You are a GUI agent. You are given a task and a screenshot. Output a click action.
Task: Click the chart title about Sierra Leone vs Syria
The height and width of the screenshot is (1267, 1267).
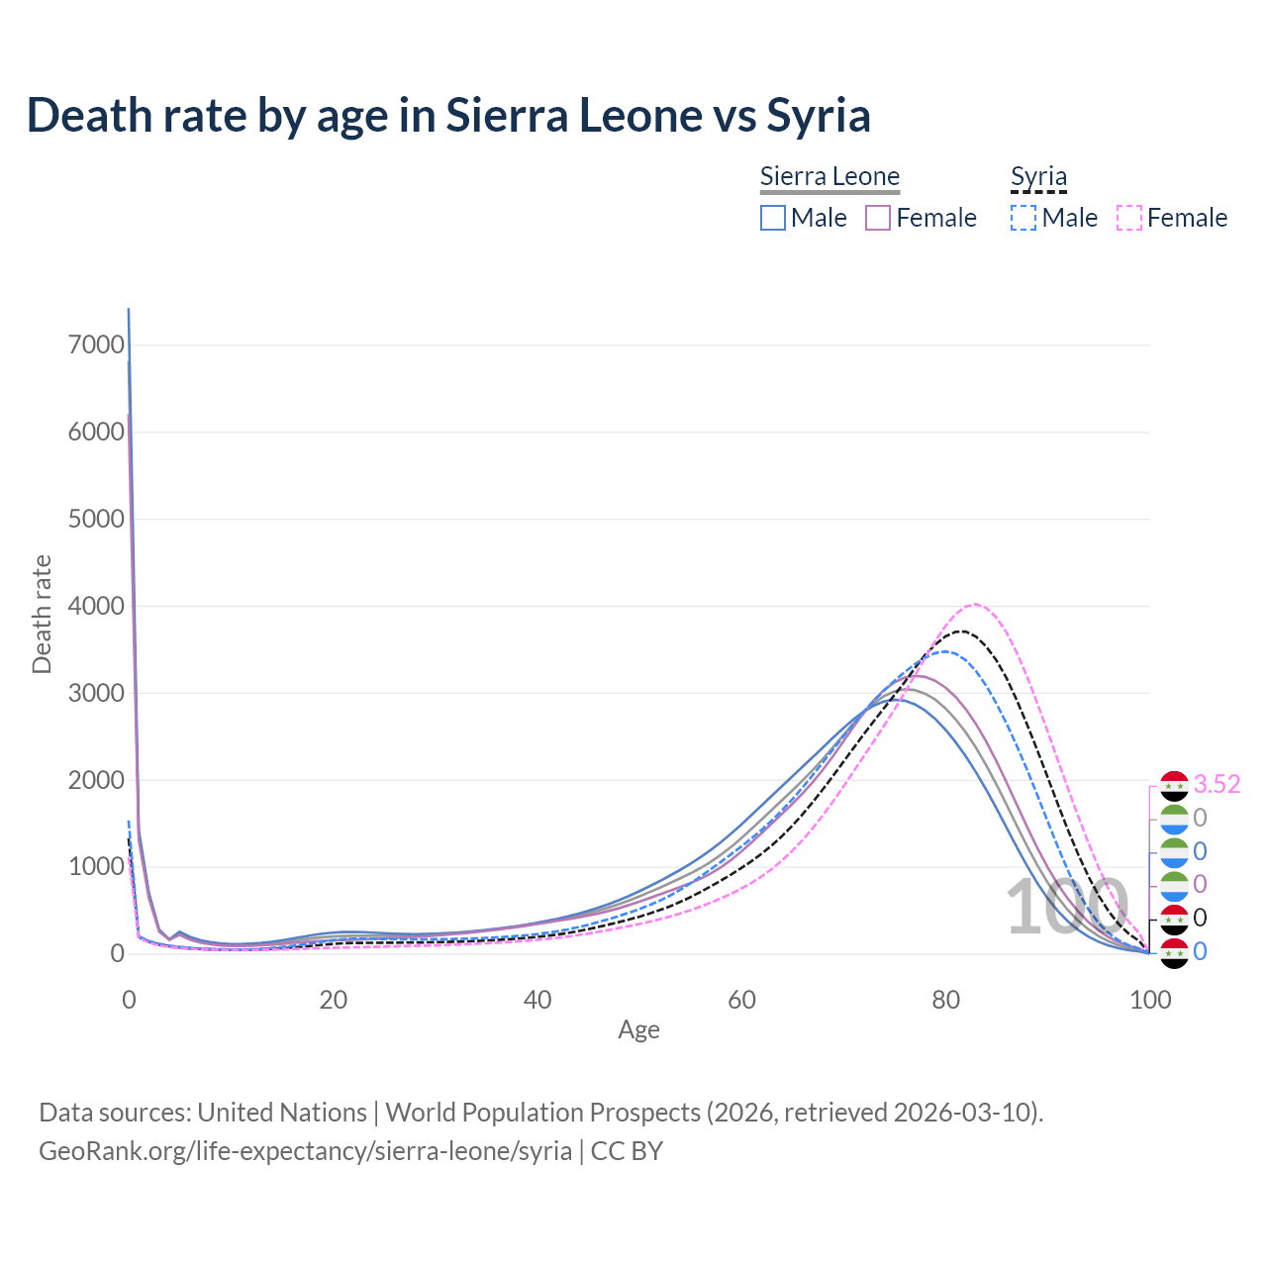pos(448,115)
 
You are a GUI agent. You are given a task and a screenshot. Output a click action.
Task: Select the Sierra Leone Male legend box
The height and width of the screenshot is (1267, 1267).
pos(773,218)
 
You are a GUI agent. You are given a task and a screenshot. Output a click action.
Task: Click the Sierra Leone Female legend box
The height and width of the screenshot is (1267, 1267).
pos(878,218)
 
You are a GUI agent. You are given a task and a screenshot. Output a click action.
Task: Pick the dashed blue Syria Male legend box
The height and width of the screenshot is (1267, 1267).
pos(1023,218)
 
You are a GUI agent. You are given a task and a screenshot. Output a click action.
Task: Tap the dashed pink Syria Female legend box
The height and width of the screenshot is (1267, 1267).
pos(1129,218)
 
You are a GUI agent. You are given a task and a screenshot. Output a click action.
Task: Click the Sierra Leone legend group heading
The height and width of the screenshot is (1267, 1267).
pos(829,176)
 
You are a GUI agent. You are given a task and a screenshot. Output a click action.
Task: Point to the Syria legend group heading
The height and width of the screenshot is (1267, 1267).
pos(1038,176)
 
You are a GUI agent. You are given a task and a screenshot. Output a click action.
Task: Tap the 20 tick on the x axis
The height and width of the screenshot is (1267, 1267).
pos(334,1000)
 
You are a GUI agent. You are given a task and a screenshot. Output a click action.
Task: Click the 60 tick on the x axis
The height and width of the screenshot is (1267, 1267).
pos(741,1000)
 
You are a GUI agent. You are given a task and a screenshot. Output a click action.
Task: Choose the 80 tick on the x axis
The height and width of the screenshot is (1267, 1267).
pos(946,1000)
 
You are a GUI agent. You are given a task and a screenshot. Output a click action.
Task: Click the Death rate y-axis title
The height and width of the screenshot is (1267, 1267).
pos(42,614)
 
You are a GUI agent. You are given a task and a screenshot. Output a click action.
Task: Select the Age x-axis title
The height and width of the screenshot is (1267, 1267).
pos(638,1030)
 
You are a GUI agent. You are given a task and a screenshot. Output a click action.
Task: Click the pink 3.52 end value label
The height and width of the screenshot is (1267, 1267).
pos(1217,785)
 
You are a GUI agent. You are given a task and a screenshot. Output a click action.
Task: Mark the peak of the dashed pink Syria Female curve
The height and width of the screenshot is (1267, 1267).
pos(975,604)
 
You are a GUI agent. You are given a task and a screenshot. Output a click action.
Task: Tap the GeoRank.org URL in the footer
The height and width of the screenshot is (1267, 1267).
pos(305,1151)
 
